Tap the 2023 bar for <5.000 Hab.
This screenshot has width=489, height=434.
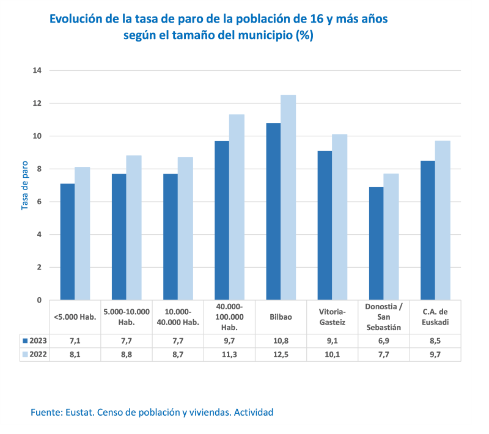point(67,241)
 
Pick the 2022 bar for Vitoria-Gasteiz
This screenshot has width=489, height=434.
point(339,217)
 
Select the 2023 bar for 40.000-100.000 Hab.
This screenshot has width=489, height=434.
point(222,220)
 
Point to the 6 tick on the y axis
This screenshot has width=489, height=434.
point(39,202)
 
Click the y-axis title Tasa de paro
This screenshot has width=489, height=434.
point(25,185)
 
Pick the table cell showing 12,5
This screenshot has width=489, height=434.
point(281,354)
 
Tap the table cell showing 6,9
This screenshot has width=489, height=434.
point(383,340)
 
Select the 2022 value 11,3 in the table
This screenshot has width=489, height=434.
point(229,354)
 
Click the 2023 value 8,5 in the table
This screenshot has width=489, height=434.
point(435,340)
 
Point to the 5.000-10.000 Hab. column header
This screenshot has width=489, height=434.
point(127,317)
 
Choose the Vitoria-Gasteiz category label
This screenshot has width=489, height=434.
point(332,317)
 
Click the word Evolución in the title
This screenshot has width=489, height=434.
point(76,19)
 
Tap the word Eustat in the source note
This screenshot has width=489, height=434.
point(79,413)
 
